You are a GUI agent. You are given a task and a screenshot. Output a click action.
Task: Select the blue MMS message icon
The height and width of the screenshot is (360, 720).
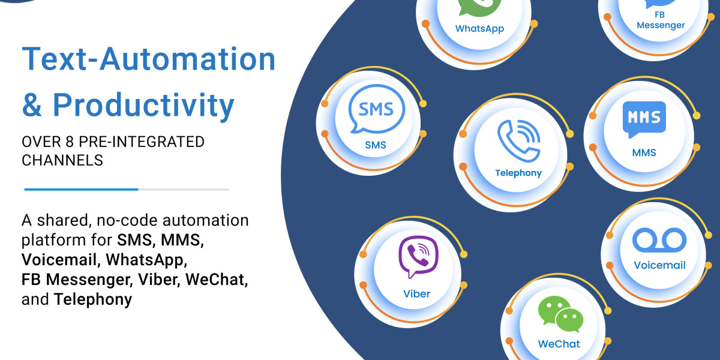coord(644,117)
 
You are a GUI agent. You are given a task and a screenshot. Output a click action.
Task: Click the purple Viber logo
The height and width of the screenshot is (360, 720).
coord(418,257)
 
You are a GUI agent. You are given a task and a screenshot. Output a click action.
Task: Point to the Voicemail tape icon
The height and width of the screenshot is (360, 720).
coord(659,240)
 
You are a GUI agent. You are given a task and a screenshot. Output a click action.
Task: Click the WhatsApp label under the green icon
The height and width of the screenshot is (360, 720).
coord(479,28)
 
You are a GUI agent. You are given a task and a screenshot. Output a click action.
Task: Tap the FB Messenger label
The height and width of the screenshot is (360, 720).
coord(661,20)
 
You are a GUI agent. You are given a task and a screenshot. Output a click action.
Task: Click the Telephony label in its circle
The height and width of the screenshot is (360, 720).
coord(518,173)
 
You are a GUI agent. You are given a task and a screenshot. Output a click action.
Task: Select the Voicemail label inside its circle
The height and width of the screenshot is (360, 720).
coord(659,265)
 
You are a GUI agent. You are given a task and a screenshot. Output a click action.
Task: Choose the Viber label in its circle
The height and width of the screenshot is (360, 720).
coord(416,293)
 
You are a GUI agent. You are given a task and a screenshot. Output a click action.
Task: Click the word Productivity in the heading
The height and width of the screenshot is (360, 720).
coord(143,105)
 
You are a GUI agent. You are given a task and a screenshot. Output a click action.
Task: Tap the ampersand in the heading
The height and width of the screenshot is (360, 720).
coord(32,105)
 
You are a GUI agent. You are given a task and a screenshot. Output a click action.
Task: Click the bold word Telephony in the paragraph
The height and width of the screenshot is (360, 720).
coord(93,299)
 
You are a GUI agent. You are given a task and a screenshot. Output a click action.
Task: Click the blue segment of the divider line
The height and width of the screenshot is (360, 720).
coord(81,189)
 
